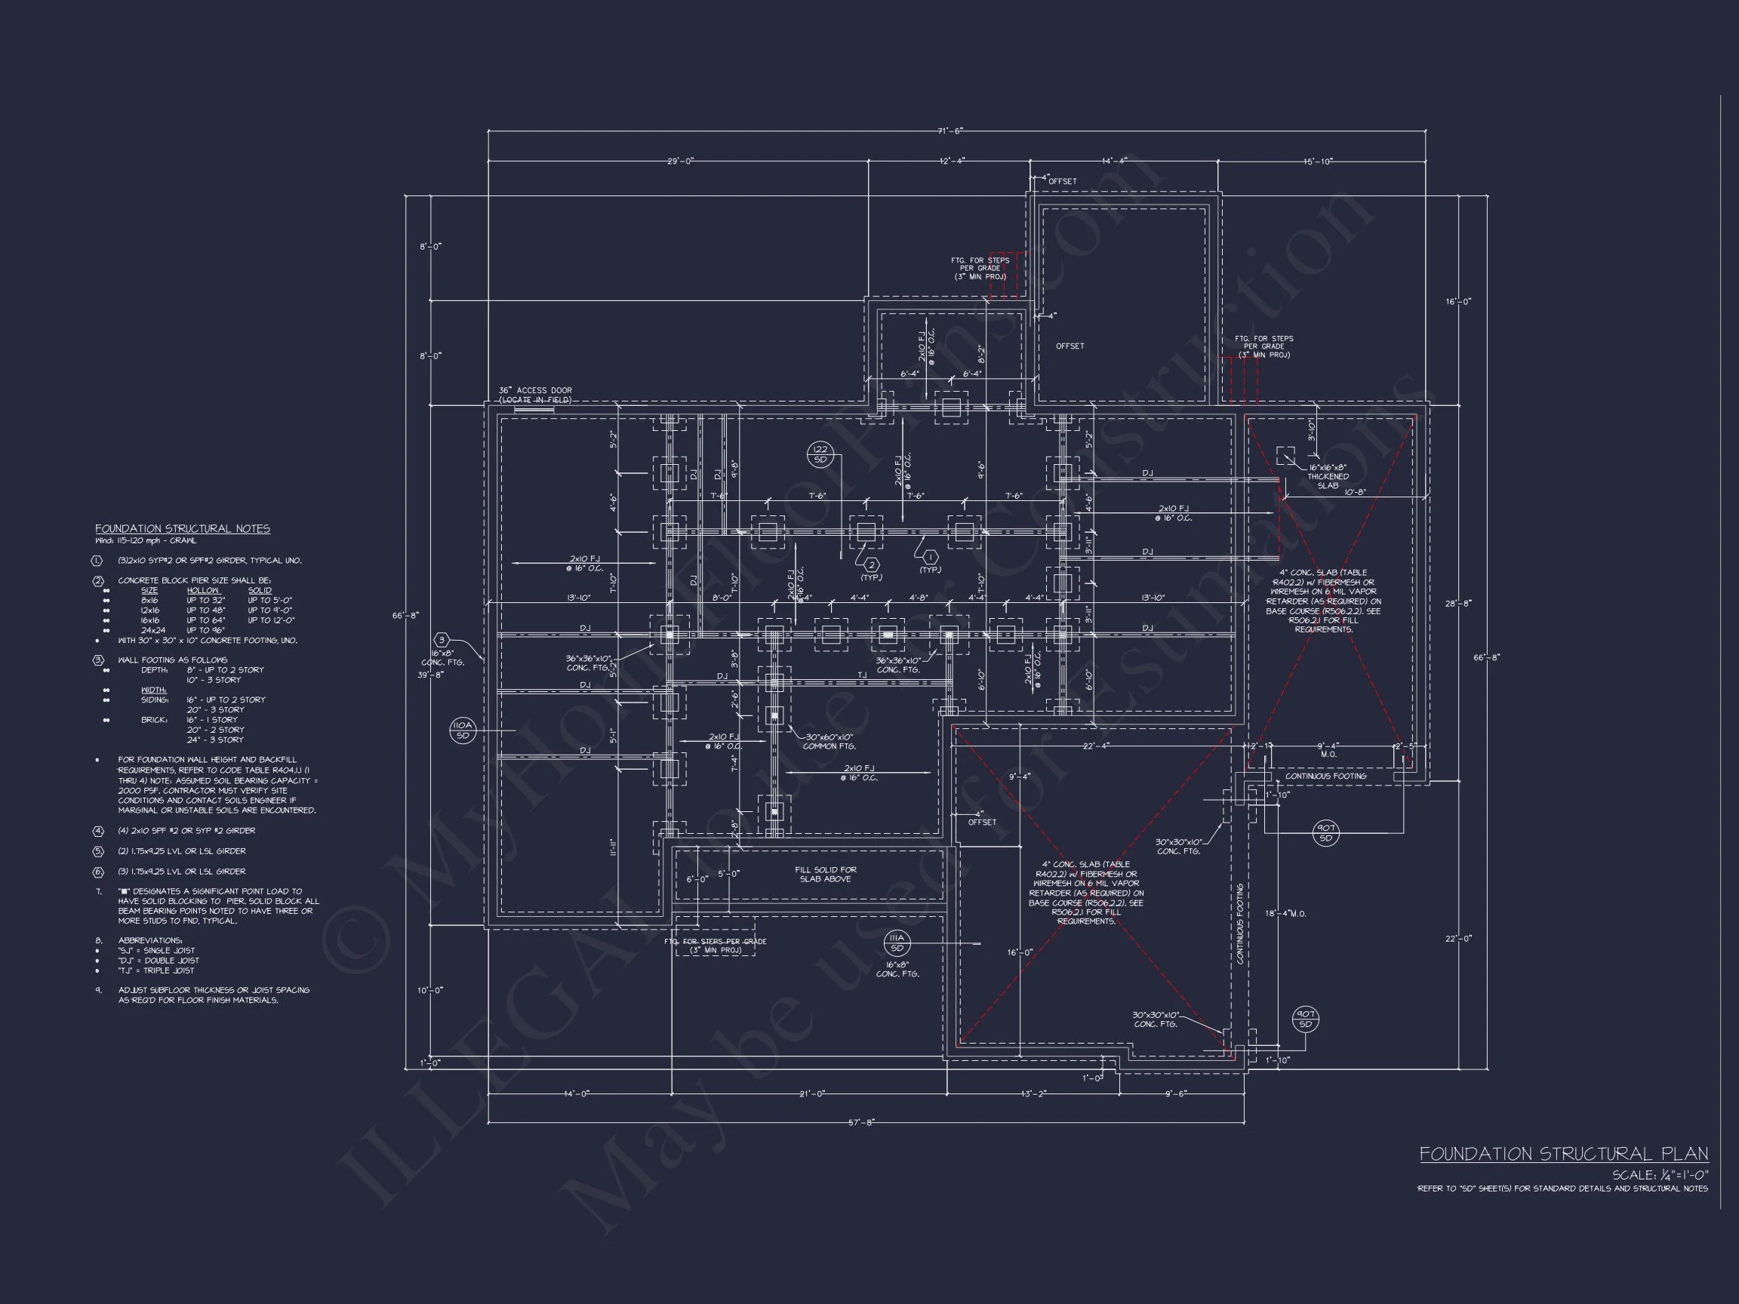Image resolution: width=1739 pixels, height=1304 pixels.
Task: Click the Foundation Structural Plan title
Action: (1563, 1154)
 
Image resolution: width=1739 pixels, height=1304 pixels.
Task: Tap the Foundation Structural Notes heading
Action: (183, 529)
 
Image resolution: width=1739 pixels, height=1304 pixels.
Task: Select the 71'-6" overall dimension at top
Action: (950, 131)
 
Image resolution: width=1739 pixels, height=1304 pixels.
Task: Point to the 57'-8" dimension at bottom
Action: (861, 1122)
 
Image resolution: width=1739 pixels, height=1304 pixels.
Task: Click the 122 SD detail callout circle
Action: (820, 454)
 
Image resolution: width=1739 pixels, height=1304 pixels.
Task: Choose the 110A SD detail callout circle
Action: (462, 730)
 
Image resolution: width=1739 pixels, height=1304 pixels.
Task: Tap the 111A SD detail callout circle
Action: (896, 943)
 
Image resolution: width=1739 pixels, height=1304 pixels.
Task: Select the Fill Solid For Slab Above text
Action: (826, 874)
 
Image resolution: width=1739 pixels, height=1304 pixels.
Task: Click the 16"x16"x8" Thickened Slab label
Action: (1327, 476)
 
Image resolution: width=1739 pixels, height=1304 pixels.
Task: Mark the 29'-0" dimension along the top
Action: (680, 161)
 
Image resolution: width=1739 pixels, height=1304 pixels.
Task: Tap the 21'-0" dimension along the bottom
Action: (811, 1093)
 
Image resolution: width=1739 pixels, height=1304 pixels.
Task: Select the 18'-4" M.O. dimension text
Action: (1285, 913)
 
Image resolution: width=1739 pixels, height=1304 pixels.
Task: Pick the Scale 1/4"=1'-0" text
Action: (1660, 1175)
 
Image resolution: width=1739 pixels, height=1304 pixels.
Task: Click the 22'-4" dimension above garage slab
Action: (1095, 746)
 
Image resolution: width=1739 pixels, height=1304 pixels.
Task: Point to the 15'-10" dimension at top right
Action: (1319, 162)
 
